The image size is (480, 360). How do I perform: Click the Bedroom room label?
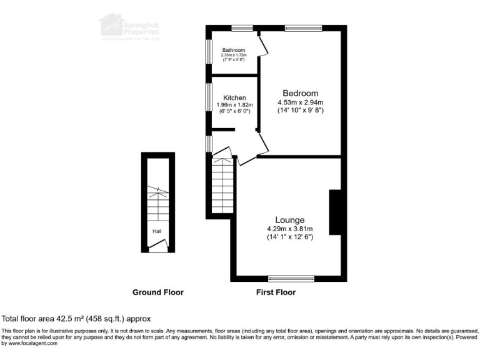(x=300, y=93)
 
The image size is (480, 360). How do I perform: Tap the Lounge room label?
(x=290, y=220)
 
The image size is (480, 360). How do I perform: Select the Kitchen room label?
(x=234, y=97)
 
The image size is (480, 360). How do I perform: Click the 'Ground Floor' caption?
(x=158, y=292)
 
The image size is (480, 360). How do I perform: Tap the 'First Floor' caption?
(x=276, y=292)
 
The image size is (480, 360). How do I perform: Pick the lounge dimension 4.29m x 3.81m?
(x=290, y=229)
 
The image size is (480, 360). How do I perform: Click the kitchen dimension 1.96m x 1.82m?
(x=234, y=105)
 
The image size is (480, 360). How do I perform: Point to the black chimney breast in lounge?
(x=335, y=212)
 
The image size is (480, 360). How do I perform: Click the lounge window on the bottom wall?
(x=290, y=277)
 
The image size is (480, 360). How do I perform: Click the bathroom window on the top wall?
(x=242, y=27)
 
